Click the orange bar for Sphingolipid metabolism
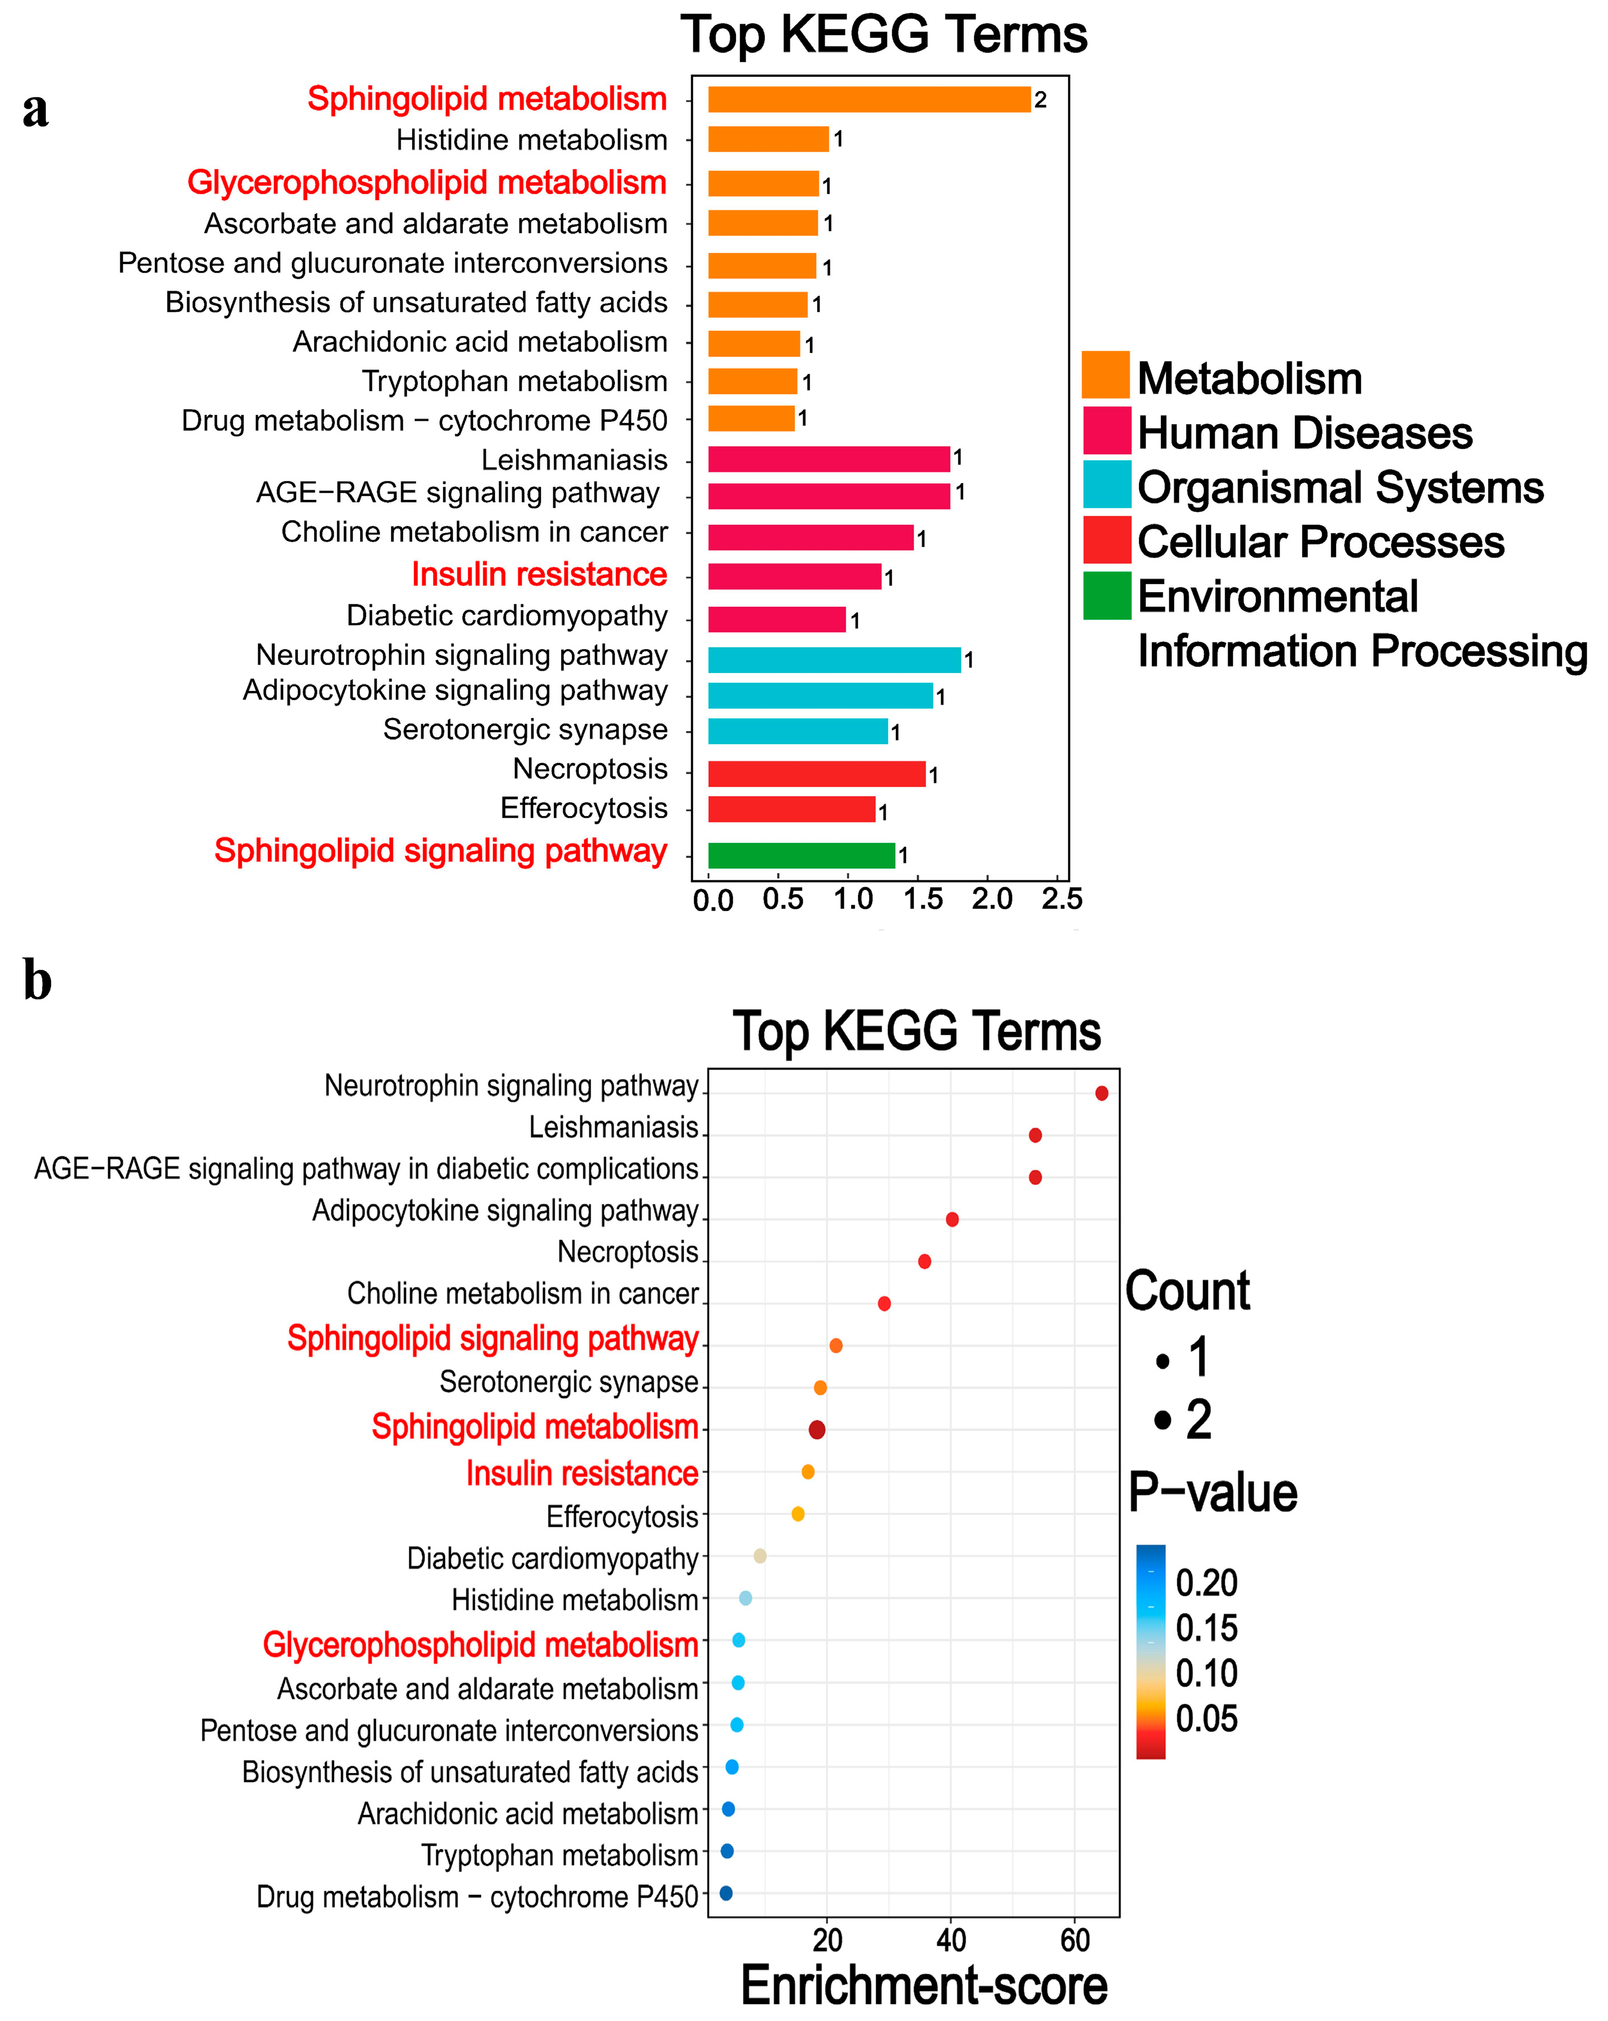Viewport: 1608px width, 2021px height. pos(869,100)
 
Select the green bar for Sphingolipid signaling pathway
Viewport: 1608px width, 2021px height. pos(801,855)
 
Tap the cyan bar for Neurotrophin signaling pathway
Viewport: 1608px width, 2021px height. pos(834,660)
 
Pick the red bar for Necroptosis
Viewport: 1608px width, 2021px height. pos(816,774)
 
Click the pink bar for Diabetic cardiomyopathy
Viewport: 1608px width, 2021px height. pos(777,620)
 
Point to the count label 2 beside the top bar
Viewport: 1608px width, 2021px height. pos(1040,100)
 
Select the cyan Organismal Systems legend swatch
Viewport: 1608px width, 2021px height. pos(1106,485)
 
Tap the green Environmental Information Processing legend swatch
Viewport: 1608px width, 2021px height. pos(1106,595)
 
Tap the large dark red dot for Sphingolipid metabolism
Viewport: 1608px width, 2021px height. pos(816,1430)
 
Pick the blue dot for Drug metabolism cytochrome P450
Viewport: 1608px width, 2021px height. pos(725,1893)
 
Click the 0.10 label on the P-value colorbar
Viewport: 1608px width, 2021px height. pos(1206,1673)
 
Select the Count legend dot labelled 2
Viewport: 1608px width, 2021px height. pos(1163,1419)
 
